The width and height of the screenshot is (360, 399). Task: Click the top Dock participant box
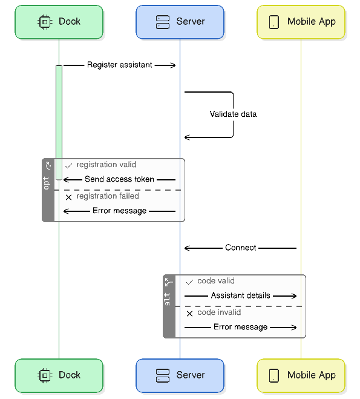59,22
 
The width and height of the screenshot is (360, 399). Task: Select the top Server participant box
180,22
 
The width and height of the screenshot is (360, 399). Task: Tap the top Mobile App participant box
301,22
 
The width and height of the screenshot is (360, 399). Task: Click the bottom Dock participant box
59,375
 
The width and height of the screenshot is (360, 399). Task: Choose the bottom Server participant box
180,375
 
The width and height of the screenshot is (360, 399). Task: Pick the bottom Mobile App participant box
301,375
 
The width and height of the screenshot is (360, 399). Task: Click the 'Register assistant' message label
119,65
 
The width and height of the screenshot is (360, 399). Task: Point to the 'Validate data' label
233,114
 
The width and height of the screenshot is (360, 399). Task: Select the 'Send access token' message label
119,180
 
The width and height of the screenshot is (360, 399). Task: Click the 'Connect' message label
240,248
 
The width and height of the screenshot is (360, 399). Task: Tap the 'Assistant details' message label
240,296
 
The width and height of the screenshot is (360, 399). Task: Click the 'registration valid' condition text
106,165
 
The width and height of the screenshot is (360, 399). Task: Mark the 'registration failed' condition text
107,196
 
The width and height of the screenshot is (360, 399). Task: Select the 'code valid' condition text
215,281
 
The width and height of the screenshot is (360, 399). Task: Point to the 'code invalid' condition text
219,312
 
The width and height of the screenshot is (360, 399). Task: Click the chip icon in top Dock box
44,22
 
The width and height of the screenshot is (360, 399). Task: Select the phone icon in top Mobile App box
273,22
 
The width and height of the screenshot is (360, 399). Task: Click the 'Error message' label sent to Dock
119,211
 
